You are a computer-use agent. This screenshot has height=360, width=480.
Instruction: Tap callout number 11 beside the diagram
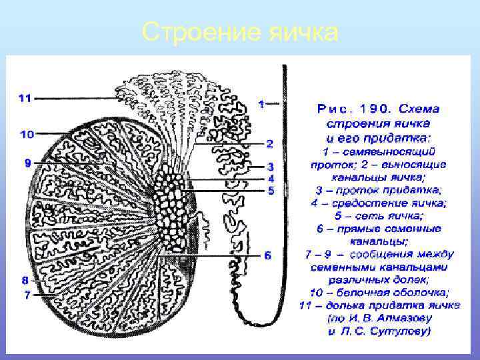click(x=25, y=98)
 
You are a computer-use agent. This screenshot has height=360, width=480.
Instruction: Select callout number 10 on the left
click(x=27, y=134)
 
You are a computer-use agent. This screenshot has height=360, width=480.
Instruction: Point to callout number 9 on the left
click(x=27, y=163)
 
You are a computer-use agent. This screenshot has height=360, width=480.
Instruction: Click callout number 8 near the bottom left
click(x=25, y=280)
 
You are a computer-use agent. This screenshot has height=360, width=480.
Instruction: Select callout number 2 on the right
click(x=269, y=143)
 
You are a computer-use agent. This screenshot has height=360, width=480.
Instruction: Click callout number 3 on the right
click(x=271, y=166)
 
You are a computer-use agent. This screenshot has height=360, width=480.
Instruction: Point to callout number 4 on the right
click(x=271, y=178)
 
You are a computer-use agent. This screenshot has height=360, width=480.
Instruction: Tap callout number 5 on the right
click(x=271, y=191)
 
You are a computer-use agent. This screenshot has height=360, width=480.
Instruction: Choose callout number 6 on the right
click(x=267, y=255)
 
